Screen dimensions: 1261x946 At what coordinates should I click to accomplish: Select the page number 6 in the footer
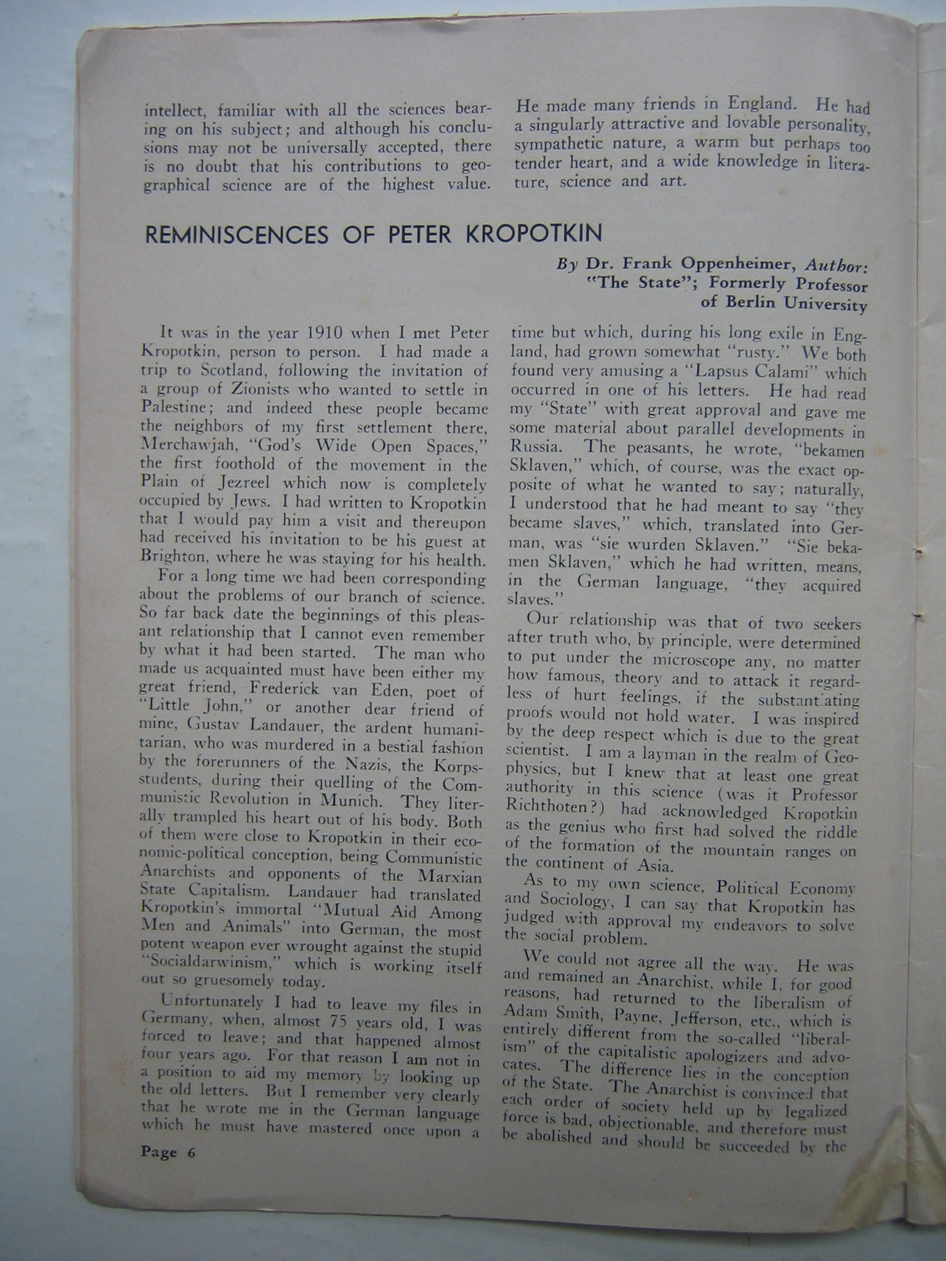(190, 1153)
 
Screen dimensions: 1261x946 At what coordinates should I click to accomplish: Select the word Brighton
(174, 559)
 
